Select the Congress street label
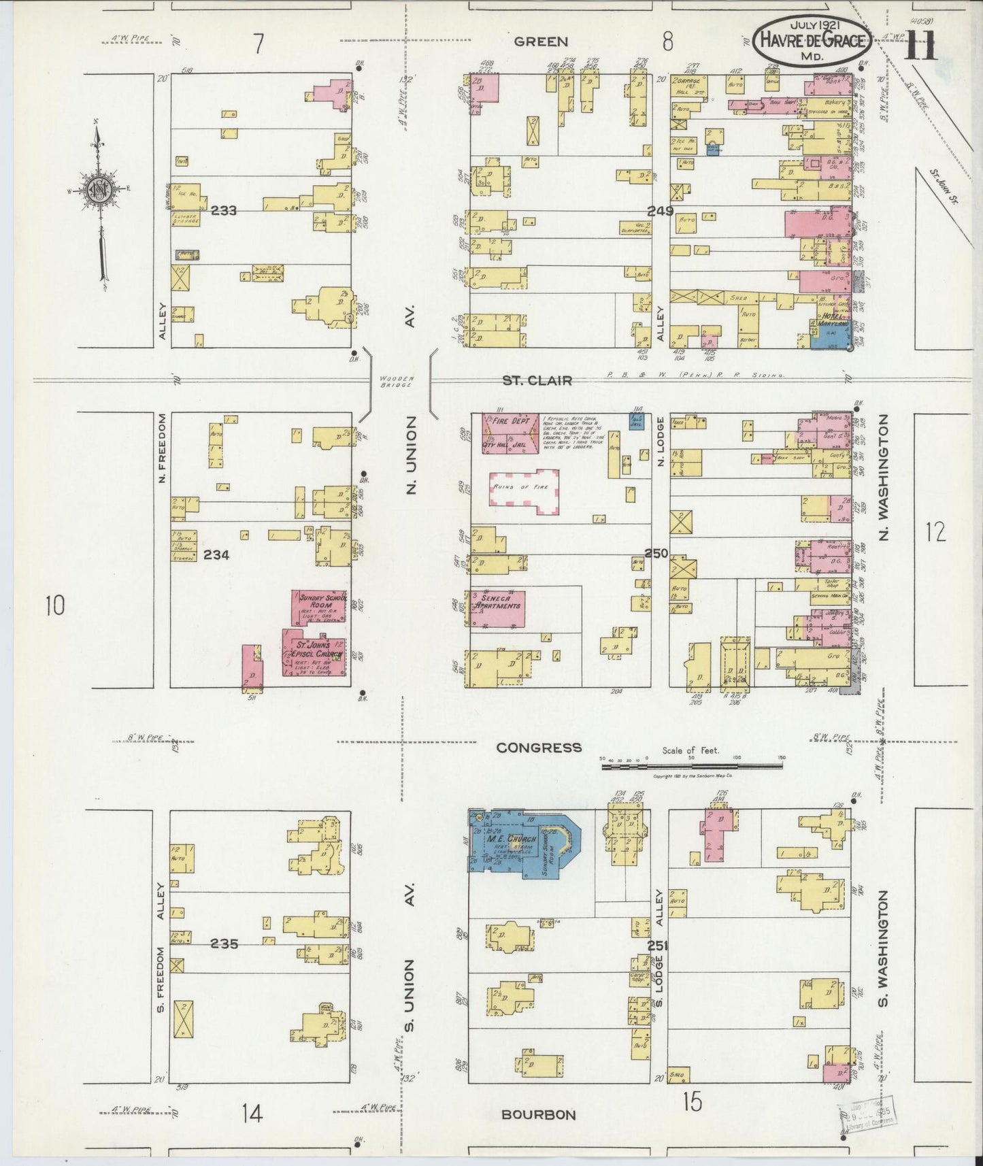point(539,747)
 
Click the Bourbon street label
point(538,1114)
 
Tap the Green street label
point(541,41)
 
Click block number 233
point(223,211)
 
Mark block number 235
point(224,944)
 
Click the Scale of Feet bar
point(693,767)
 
